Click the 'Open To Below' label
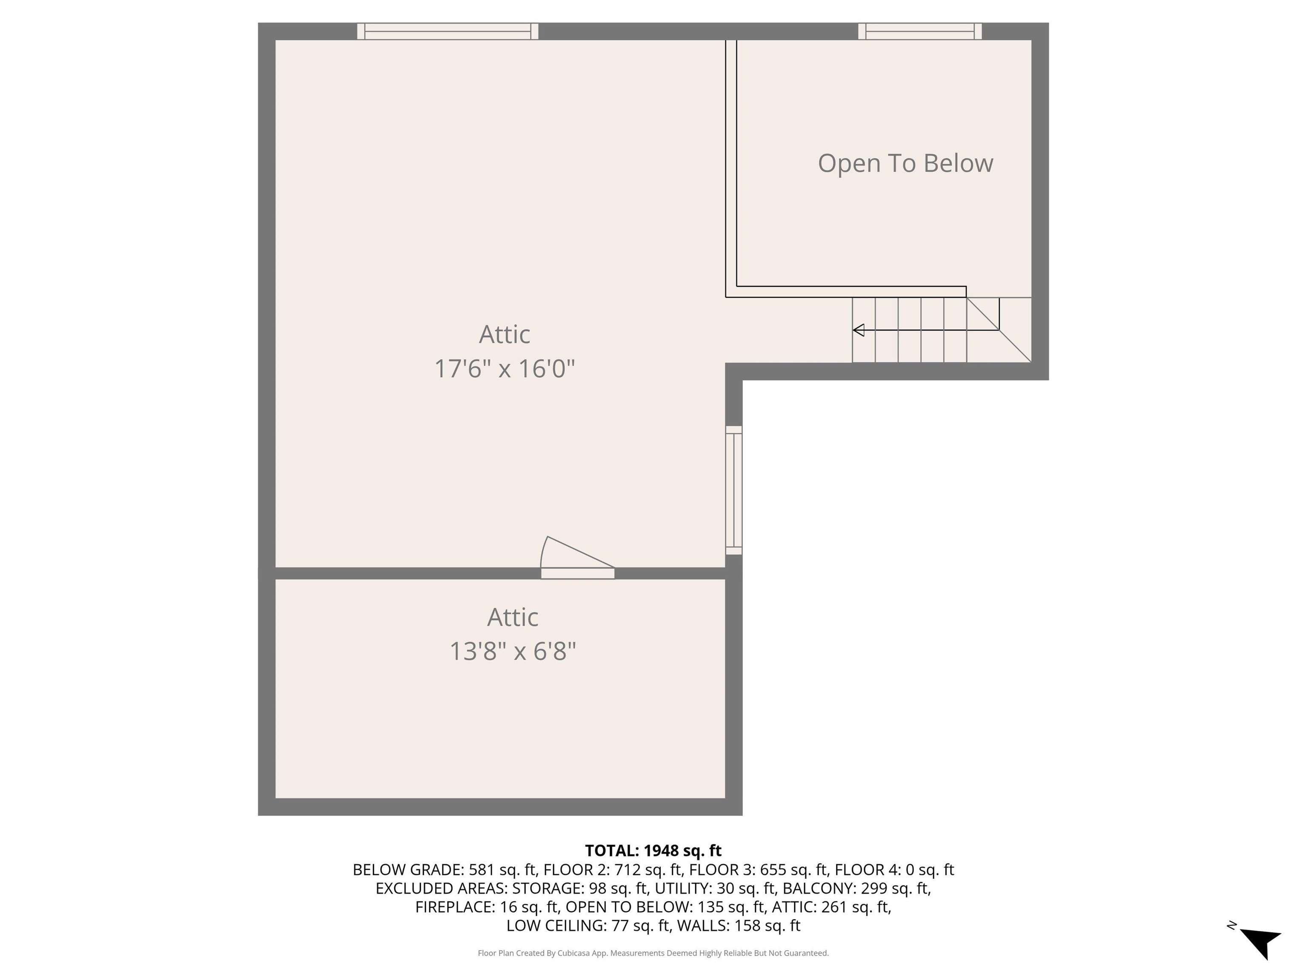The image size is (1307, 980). (905, 164)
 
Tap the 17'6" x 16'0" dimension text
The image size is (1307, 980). (505, 369)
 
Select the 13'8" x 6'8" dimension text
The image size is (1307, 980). (512, 652)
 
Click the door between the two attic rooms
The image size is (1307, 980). (577, 558)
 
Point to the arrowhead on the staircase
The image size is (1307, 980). (859, 330)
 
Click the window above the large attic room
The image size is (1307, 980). (448, 31)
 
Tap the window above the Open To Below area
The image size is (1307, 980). (920, 31)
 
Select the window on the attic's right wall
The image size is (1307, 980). (734, 490)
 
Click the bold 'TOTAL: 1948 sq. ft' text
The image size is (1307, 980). (653, 851)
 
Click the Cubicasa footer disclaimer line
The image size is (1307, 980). (653, 953)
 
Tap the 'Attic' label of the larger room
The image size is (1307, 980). (505, 334)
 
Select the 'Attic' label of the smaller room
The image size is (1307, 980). (513, 617)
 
